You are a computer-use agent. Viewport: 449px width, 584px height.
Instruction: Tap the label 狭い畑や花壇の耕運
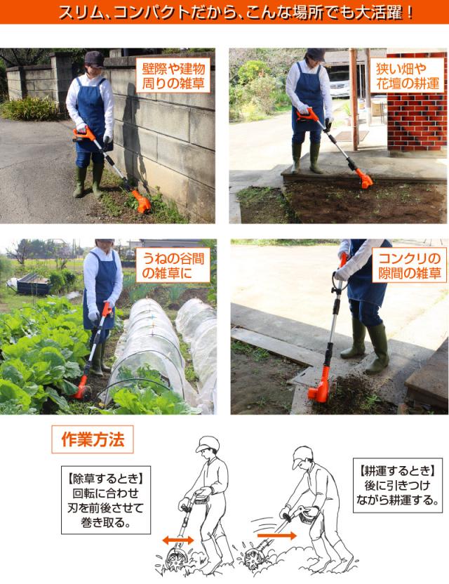point(408,75)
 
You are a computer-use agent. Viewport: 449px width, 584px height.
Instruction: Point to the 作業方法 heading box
point(93,439)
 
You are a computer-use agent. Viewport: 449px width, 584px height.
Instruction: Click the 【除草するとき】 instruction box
point(106,500)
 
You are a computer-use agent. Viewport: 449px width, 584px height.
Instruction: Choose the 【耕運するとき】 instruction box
point(398,485)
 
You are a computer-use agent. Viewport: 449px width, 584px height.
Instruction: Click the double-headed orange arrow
point(178,540)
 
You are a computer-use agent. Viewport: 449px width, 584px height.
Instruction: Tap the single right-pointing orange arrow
point(276,536)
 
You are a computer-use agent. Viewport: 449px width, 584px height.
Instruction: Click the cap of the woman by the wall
point(93,59)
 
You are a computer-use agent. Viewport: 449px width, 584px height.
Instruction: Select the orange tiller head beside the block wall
point(142,202)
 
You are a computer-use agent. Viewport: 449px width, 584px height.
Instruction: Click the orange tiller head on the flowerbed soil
point(363,178)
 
